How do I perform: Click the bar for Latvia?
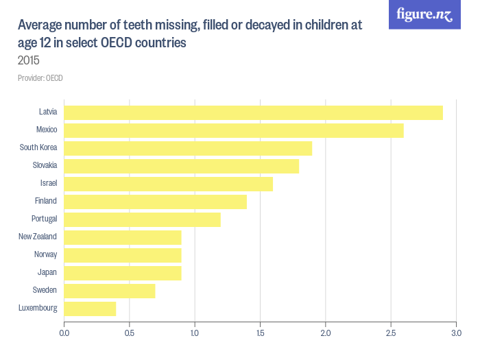pyautogui.click(x=253, y=112)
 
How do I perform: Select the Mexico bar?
pyautogui.click(x=234, y=130)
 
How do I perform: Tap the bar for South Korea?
pyautogui.click(x=188, y=148)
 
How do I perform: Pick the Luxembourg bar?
pyautogui.click(x=90, y=309)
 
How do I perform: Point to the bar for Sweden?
pyautogui.click(x=110, y=291)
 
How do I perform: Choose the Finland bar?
pyautogui.click(x=155, y=202)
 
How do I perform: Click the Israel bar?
pyautogui.click(x=168, y=184)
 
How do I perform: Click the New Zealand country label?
pyautogui.click(x=38, y=237)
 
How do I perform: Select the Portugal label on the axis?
pyautogui.click(x=44, y=219)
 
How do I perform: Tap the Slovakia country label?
pyautogui.click(x=45, y=165)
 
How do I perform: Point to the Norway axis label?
pyautogui.click(x=45, y=254)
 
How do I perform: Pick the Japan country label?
pyautogui.click(x=47, y=272)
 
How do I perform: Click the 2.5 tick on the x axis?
pyautogui.click(x=391, y=333)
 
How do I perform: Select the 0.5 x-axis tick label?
pyautogui.click(x=130, y=333)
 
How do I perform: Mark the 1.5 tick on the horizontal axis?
pyautogui.click(x=260, y=333)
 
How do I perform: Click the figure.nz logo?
pyautogui.click(x=424, y=14)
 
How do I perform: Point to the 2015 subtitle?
pyautogui.click(x=29, y=60)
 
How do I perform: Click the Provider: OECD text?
pyautogui.click(x=40, y=78)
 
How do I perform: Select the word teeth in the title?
pyautogui.click(x=141, y=26)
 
